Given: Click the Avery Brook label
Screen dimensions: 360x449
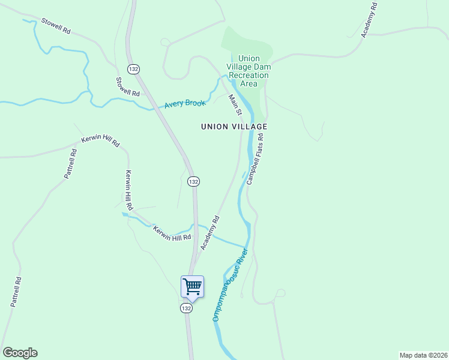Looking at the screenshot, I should (185, 104).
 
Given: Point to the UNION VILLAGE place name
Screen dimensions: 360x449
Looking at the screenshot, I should (234, 127).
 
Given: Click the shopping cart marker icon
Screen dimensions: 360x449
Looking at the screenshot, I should (192, 286).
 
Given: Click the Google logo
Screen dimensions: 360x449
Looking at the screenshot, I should (20, 353).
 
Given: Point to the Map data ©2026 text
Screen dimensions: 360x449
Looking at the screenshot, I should (423, 355).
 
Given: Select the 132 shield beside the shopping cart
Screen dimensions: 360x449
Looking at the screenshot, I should (186, 308).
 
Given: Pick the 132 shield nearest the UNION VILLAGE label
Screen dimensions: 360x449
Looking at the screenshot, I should (193, 181).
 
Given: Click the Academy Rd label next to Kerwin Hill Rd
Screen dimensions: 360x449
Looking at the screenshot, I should (210, 233).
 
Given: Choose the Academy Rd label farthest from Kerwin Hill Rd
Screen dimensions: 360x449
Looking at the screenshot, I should (369, 20).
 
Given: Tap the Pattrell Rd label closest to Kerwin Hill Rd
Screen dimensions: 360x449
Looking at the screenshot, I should (70, 164).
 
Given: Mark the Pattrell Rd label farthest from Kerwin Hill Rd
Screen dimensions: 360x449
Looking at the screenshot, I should (16, 292).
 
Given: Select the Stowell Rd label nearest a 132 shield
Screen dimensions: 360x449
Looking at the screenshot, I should (128, 86).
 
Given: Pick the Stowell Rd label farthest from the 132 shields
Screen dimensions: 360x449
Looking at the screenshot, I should (56, 25).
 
